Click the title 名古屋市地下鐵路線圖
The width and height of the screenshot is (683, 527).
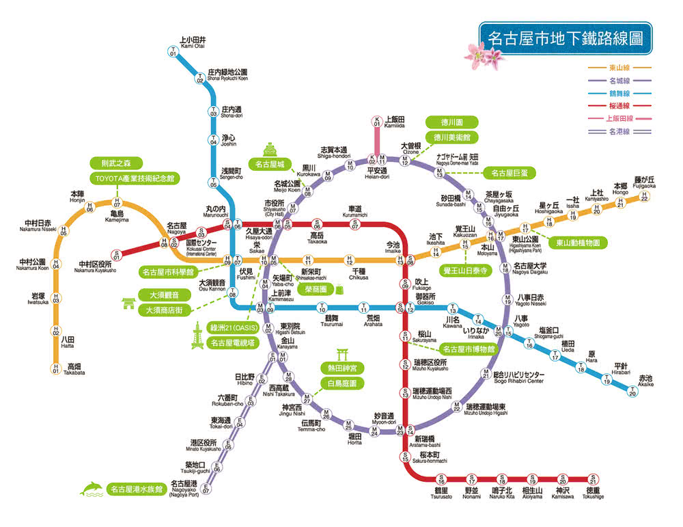[565, 37]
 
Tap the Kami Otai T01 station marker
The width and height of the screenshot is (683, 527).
[173, 51]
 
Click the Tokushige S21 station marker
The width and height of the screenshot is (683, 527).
[594, 479]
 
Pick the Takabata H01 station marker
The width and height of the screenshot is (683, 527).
[56, 369]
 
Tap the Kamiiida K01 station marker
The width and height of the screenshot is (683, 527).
[376, 122]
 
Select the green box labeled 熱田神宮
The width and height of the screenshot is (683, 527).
[341, 368]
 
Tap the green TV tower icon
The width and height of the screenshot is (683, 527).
[197, 336]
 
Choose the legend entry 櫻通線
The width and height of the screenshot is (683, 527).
[620, 105]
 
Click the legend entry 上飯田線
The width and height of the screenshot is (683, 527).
[620, 118]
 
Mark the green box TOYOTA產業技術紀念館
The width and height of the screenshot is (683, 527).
[134, 178]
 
